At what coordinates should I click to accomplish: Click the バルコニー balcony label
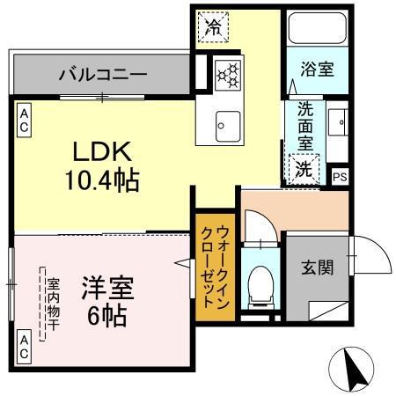tap(102, 74)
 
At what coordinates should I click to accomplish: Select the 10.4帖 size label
tap(101, 181)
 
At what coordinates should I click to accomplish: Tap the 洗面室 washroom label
tap(305, 126)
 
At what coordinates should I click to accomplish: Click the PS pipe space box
tap(340, 175)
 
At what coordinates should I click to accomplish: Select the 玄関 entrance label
tap(318, 267)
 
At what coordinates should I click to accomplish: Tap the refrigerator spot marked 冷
tap(213, 26)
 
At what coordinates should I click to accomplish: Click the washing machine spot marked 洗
tap(303, 166)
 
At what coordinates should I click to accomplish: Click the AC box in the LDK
tap(24, 120)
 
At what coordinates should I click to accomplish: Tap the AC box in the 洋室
tap(24, 346)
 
